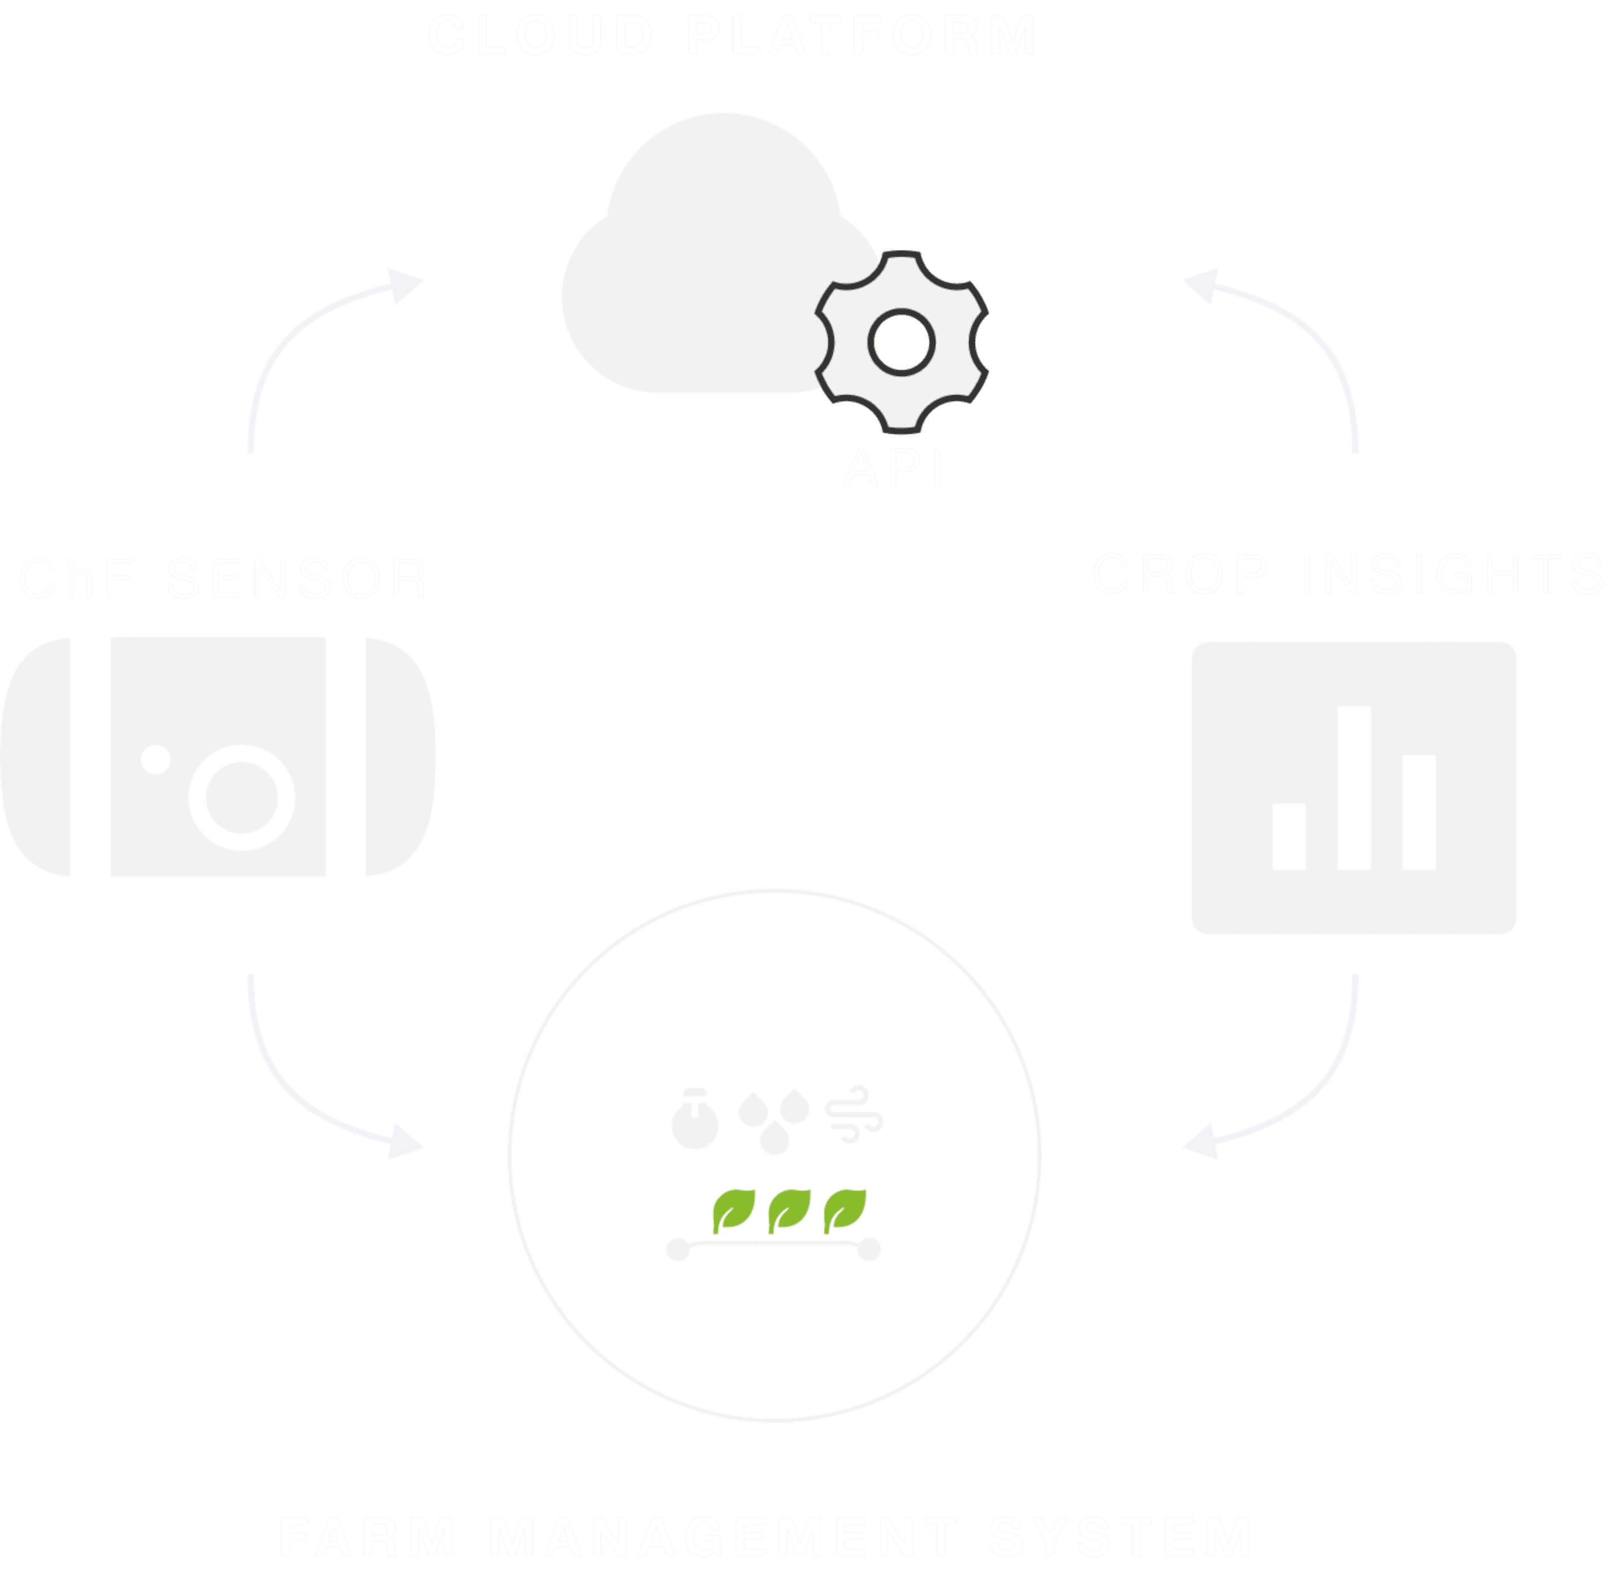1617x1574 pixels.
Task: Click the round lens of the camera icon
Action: pyautogui.click(x=241, y=797)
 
